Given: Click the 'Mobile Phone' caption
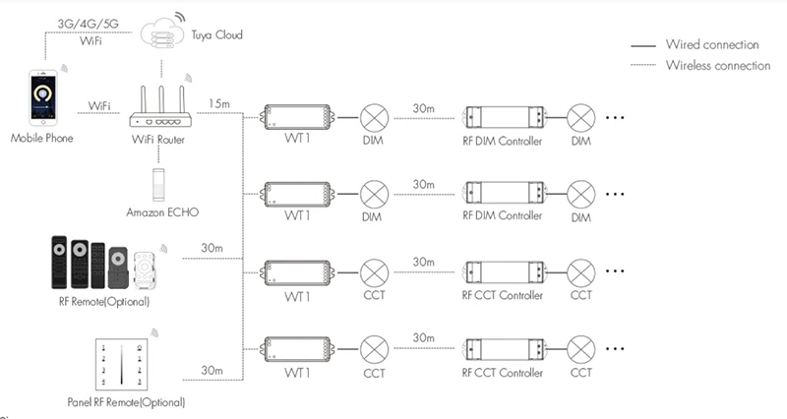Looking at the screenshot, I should click(41, 138).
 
